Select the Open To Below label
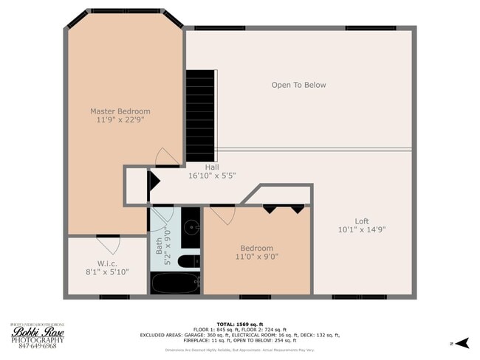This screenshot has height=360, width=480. pos(298,85)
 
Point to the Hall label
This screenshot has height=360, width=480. pos(212,167)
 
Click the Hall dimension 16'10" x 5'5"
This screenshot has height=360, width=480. pos(212,176)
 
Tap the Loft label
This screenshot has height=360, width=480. pos(361,221)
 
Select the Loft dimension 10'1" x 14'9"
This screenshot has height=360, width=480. pos(361,229)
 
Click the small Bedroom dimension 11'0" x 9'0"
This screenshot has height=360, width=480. pos(256,257)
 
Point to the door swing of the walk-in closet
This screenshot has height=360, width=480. pos(109,243)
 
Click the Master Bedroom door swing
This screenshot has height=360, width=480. pos(166,156)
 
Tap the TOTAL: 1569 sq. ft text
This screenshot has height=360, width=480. pos(240,324)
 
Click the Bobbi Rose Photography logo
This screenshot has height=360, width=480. pos(33,335)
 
